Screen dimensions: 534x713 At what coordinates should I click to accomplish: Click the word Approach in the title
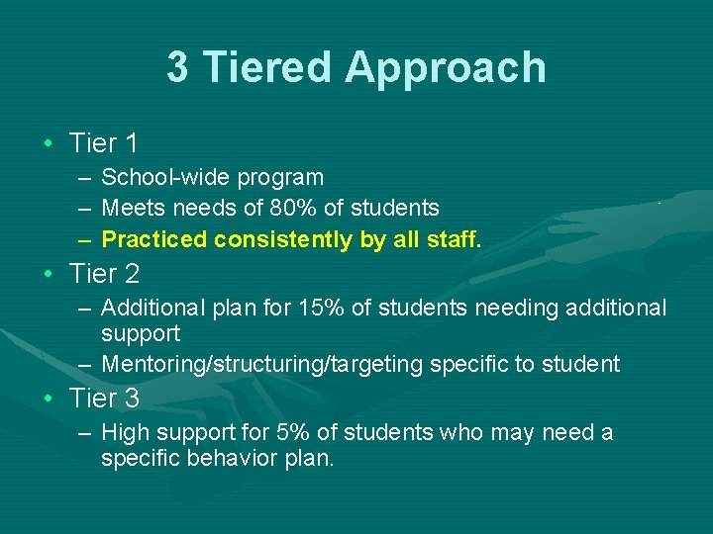tap(446, 68)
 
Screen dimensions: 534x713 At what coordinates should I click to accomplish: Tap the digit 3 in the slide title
tap(177, 68)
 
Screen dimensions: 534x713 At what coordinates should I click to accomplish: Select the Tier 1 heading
tap(104, 143)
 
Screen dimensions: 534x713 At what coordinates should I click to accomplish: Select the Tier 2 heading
tap(104, 273)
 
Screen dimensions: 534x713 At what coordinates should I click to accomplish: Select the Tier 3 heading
tap(104, 399)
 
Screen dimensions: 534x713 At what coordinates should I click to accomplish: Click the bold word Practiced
tap(154, 239)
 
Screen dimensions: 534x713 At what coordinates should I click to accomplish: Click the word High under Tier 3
tap(124, 433)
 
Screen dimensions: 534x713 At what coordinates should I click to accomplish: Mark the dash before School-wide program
tap(83, 178)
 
